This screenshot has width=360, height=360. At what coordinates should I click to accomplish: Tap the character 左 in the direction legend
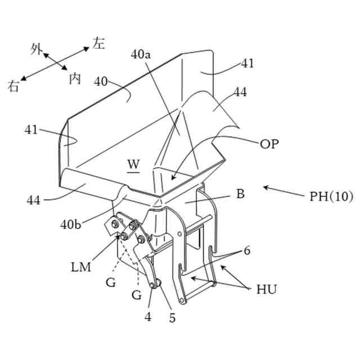[x=98, y=43]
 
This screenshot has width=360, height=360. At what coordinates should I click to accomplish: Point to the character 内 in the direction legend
[x=75, y=78]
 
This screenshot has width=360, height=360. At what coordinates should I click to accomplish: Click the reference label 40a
[x=141, y=55]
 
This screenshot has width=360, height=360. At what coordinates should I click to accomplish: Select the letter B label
[x=240, y=195]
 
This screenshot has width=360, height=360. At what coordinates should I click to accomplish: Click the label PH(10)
[x=331, y=197]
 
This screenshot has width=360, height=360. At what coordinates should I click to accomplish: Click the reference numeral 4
[x=148, y=317]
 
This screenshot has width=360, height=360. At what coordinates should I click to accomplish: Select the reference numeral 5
[x=172, y=318]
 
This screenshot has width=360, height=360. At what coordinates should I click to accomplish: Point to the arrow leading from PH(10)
[x=283, y=191]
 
